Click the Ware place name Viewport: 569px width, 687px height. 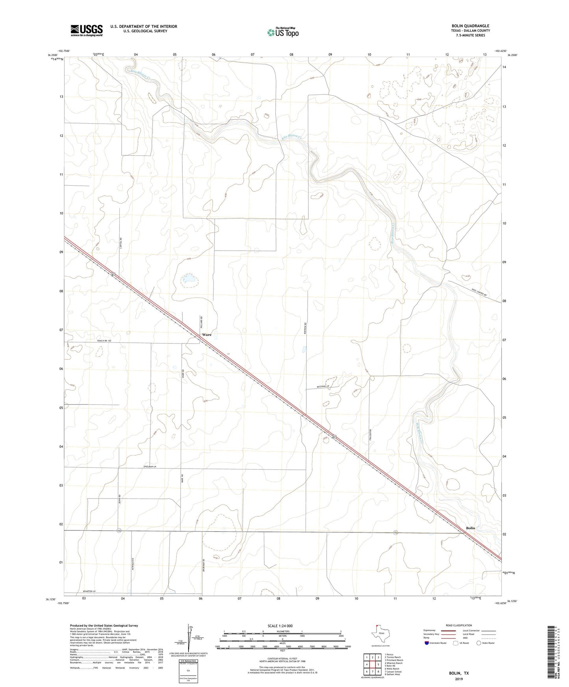tap(206, 335)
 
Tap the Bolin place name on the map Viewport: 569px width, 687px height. tap(470, 528)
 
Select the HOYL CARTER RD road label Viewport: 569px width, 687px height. tap(479, 292)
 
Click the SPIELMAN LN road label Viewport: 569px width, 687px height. tap(149, 467)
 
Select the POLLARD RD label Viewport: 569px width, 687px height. tap(201, 322)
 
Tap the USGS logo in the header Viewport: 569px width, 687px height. tap(87, 30)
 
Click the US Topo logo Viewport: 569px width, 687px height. tap(282, 32)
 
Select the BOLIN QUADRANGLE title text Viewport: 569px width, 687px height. tap(470, 26)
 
